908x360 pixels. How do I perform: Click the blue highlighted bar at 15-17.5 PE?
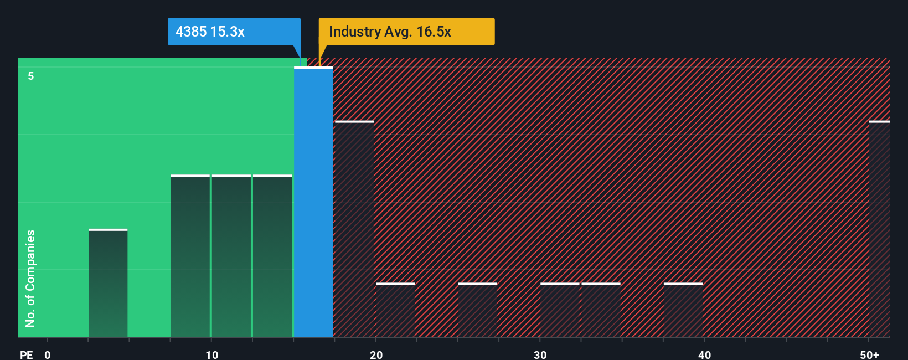point(313,202)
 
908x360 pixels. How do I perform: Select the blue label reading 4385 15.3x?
point(234,32)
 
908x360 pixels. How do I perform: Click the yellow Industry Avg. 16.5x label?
point(406,32)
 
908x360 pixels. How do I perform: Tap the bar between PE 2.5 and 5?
point(108,283)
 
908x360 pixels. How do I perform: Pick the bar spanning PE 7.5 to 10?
point(190,256)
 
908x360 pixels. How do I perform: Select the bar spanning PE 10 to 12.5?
point(231,256)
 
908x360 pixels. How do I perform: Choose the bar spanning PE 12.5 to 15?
point(272,256)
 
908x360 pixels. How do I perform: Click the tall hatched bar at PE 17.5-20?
point(354,229)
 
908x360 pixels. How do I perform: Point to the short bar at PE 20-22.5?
point(395,310)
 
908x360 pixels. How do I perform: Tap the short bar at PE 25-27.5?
point(478,310)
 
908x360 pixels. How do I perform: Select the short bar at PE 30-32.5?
point(560,310)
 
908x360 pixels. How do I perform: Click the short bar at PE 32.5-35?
point(601,310)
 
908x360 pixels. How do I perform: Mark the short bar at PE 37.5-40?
point(683,310)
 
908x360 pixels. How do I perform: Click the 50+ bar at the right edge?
point(880,229)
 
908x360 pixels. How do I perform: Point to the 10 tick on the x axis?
point(211,354)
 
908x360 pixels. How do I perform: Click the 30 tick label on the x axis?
point(540,354)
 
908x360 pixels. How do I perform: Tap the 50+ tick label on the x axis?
point(869,354)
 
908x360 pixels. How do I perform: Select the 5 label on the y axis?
point(31,76)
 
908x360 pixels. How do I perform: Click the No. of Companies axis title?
point(30,278)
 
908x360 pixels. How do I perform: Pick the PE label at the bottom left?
point(26,354)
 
